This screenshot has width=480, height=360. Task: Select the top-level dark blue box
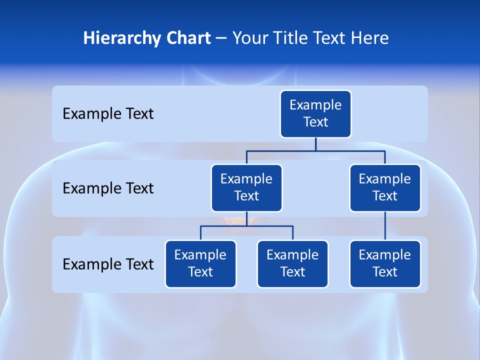[315, 114]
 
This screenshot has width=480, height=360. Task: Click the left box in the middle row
[246, 188]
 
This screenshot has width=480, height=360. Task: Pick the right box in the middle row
[385, 188]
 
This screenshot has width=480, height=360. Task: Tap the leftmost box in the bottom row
[200, 264]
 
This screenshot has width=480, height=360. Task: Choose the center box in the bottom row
[292, 264]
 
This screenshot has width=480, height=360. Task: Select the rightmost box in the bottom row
[385, 264]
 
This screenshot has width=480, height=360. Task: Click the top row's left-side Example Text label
[108, 114]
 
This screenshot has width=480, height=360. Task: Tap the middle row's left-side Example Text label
[108, 188]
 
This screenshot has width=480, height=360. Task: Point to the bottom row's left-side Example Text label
[108, 264]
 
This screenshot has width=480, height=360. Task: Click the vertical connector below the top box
[315, 144]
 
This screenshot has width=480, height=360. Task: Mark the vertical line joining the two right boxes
[385, 226]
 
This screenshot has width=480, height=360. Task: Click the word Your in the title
[249, 38]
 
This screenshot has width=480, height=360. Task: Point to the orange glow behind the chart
[235, 218]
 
